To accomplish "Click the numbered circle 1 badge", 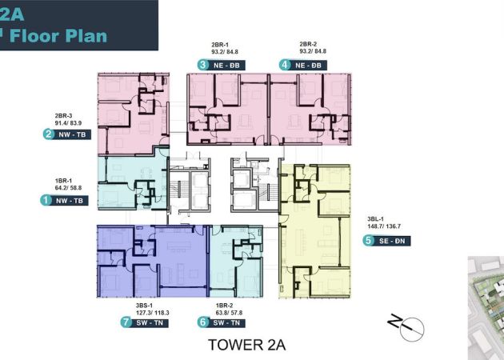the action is pyautogui.click(x=46, y=200).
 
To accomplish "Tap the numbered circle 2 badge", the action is pyautogui.click(x=48, y=134).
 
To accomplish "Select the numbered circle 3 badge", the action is pyautogui.click(x=203, y=65).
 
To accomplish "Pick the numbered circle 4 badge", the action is pyautogui.click(x=285, y=65).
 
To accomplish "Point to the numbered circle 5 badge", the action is pyautogui.click(x=368, y=241).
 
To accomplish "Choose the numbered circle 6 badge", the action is pyautogui.click(x=203, y=322).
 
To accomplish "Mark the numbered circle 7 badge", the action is pyautogui.click(x=126, y=322).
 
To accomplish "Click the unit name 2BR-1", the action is pyautogui.click(x=220, y=45).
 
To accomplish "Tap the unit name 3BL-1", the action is pyautogui.click(x=375, y=219).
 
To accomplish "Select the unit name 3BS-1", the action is pyautogui.click(x=144, y=306).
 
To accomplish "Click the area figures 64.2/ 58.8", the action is pyautogui.click(x=68, y=188).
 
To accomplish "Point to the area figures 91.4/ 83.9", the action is pyautogui.click(x=68, y=122).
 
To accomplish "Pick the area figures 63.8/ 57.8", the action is pyautogui.click(x=229, y=313).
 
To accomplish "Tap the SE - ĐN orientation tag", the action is pyautogui.click(x=392, y=241).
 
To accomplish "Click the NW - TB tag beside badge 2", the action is pyautogui.click(x=72, y=134).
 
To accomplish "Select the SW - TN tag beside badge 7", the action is pyautogui.click(x=150, y=322).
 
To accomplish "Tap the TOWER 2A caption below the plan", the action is pyautogui.click(x=247, y=345).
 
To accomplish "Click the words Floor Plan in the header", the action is pyautogui.click(x=58, y=36).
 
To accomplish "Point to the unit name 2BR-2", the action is pyautogui.click(x=308, y=44).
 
